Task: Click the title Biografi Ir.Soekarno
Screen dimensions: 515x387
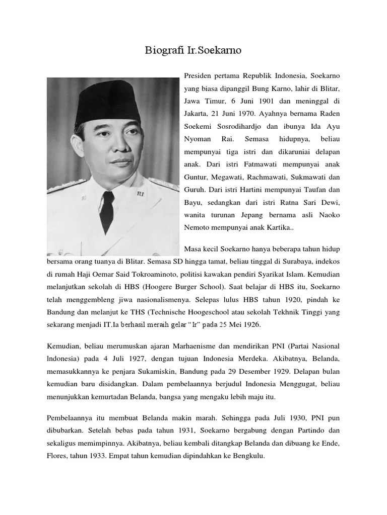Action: [193, 51]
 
